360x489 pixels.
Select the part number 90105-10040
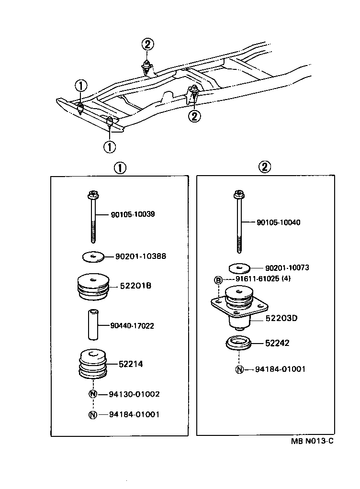point(279,222)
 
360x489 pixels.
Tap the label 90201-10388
point(141,256)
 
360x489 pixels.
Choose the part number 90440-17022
point(132,326)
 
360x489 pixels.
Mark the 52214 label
point(131,364)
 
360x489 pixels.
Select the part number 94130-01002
point(134,394)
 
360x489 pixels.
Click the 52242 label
point(277,343)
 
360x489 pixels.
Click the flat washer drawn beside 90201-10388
point(93,257)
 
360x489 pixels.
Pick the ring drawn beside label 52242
point(238,344)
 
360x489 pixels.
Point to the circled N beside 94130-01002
point(93,394)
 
